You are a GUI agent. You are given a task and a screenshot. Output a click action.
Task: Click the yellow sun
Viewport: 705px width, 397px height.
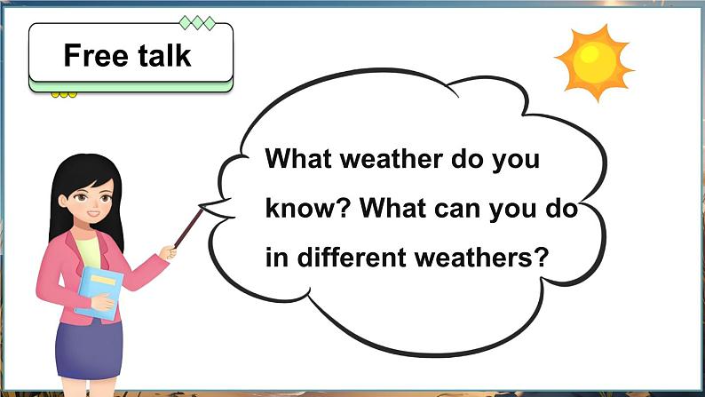tap(594, 62)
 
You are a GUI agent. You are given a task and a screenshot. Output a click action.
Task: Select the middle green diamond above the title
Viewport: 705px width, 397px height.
tap(197, 22)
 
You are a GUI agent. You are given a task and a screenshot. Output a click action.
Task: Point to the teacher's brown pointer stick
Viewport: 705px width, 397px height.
tap(188, 227)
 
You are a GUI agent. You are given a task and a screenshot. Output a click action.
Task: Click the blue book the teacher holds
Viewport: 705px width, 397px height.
tap(99, 293)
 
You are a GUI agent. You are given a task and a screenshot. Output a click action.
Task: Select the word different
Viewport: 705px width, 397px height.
tap(351, 258)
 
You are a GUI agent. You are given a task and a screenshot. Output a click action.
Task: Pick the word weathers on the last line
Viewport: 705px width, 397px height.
tap(472, 258)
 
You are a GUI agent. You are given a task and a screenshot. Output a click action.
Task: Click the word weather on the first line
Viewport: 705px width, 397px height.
tap(392, 159)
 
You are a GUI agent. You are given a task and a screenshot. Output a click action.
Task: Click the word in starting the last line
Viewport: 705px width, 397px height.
tap(276, 258)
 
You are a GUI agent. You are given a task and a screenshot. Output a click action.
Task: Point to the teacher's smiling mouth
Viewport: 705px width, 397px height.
tap(93, 213)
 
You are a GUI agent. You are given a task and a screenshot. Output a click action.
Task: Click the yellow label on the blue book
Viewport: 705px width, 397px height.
tap(103, 280)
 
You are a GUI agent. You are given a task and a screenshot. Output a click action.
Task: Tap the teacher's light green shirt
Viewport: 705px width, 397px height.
tap(89, 252)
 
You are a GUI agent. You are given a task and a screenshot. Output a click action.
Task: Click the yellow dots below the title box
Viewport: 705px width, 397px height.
tap(64, 95)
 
